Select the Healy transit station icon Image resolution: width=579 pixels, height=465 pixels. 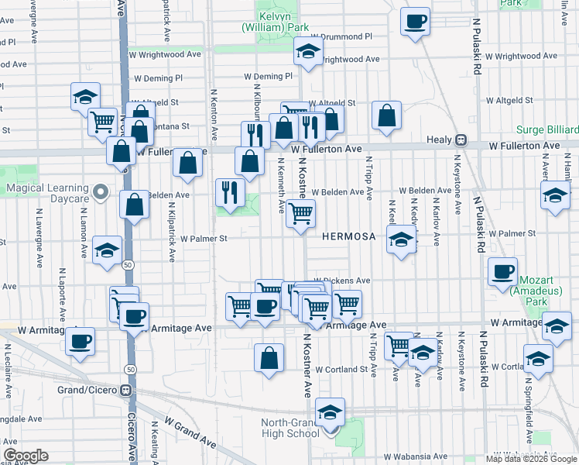(x=461, y=140)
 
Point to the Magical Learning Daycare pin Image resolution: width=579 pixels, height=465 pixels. (x=100, y=191)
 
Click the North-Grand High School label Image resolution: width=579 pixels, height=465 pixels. (x=289, y=428)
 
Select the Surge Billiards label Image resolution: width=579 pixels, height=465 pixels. (x=550, y=129)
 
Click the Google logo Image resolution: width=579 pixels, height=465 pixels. (x=26, y=456)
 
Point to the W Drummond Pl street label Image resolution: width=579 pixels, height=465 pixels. (x=341, y=36)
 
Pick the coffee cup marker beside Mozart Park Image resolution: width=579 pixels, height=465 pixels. (x=503, y=272)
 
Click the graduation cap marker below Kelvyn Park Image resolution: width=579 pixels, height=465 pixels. (x=308, y=52)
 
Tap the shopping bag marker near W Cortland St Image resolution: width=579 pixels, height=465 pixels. (x=269, y=358)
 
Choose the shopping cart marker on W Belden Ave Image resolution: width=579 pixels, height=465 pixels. (x=300, y=212)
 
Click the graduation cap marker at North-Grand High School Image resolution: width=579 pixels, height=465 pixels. (x=331, y=412)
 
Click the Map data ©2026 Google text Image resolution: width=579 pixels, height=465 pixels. (x=530, y=459)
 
